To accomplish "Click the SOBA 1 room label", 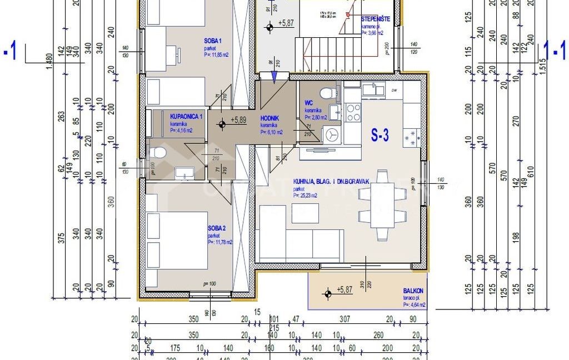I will pos(213,41).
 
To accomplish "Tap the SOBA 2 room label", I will pos(217,228).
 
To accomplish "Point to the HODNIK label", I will pos(271,118).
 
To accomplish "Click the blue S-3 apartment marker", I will pos(380,136).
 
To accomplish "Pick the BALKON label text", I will pos(413,291).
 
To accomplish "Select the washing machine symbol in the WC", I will pos(332,134).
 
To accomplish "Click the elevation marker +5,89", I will pos(239,119).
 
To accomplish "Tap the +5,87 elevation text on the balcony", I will pos(345,289).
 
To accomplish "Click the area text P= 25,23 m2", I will pos(305,196).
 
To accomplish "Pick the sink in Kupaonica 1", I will pos(183,173).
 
